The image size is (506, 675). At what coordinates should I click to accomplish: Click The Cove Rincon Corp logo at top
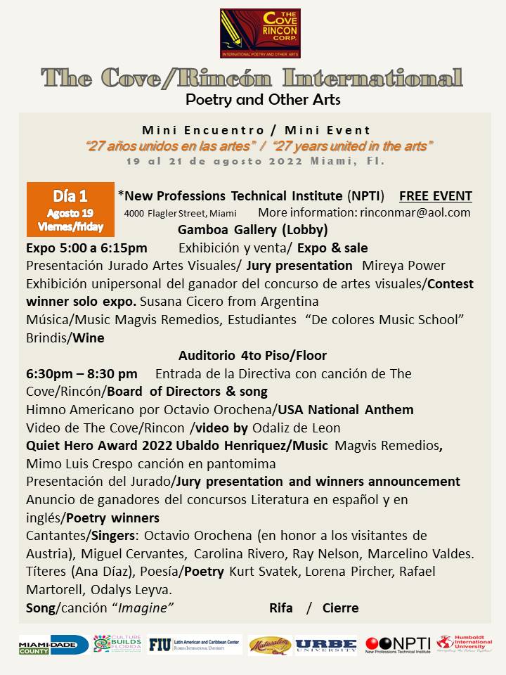tap(260, 33)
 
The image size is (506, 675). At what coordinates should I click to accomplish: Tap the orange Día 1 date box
tap(70, 210)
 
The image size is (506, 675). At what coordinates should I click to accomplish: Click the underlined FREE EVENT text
tap(435, 196)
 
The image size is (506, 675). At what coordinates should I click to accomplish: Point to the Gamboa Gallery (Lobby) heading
tap(252, 230)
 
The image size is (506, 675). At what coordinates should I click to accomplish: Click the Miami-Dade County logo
tap(53, 645)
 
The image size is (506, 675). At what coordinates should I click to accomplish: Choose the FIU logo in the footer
tap(195, 645)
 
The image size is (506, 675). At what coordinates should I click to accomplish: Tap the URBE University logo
tap(325, 645)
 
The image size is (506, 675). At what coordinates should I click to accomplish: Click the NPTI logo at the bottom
tap(397, 645)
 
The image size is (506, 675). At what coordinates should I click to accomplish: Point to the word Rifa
tap(281, 608)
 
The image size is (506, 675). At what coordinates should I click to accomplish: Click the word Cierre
tap(340, 608)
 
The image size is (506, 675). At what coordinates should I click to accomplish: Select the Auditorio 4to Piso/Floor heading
tap(252, 356)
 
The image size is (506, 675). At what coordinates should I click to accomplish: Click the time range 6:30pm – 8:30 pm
tap(82, 373)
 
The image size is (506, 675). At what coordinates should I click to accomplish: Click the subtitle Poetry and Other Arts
tap(263, 100)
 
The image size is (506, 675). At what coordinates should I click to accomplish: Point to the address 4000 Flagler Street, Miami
tap(180, 213)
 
